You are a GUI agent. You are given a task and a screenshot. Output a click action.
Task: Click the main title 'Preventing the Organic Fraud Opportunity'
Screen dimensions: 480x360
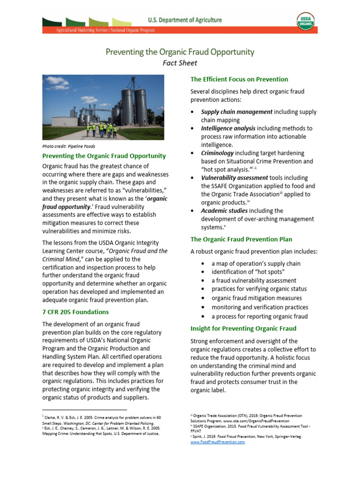click(180, 52)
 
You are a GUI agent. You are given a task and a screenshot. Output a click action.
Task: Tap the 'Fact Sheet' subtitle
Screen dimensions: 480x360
click(180, 63)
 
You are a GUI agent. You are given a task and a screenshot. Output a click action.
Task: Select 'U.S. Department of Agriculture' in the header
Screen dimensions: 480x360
click(185, 20)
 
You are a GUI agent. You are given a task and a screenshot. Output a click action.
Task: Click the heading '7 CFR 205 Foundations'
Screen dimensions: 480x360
click(75, 312)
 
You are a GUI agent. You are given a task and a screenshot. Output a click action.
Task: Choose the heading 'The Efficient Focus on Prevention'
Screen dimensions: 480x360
click(239, 79)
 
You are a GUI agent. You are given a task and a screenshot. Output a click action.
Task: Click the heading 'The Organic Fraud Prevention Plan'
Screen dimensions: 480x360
click(241, 239)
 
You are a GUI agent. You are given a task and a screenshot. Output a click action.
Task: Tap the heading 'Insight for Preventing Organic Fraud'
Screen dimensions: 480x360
click(243, 329)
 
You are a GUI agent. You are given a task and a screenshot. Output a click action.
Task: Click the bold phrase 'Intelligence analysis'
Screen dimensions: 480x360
click(228, 128)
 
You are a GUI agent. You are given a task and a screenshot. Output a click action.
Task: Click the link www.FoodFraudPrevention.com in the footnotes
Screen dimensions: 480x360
click(217, 442)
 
